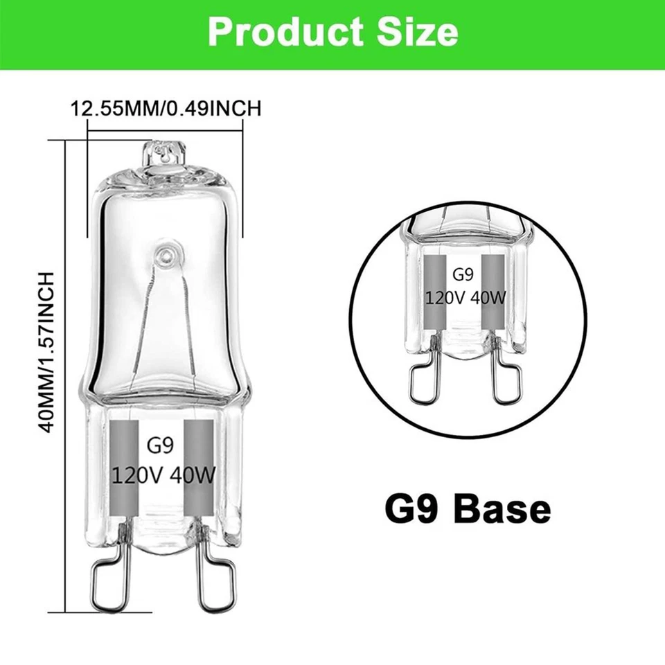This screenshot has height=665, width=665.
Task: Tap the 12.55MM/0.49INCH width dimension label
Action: [x=166, y=108]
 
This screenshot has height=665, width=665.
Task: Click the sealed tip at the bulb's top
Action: [x=165, y=152]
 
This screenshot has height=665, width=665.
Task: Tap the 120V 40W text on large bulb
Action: [x=165, y=476]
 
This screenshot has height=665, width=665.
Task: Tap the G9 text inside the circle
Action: [x=462, y=274]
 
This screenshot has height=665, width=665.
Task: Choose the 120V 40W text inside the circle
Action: [x=462, y=296]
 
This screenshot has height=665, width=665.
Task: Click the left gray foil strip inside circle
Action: [x=434, y=291]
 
